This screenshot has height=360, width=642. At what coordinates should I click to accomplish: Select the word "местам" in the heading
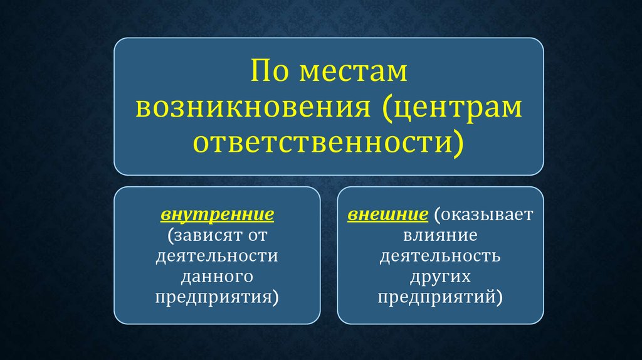pos(354,72)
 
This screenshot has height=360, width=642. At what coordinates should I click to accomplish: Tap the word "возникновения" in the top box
pos(253,108)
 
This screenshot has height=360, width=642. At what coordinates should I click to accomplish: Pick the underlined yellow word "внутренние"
pos(217,214)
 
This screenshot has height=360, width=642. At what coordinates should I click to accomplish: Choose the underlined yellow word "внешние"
pos(387,214)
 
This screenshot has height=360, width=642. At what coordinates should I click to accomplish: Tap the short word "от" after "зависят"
pos(258,236)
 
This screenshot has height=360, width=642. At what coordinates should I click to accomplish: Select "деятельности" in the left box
pos(217,257)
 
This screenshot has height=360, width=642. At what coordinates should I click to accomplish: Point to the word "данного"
pos(217,277)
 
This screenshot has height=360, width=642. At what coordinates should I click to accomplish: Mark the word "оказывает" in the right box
pos(487,214)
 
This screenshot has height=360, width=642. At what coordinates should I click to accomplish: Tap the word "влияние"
pos(440,235)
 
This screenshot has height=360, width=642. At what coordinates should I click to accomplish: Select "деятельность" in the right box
pos(440,257)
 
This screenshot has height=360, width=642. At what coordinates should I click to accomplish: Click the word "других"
pos(440,277)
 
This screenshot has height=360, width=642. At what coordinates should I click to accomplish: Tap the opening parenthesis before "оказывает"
pos(437,215)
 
